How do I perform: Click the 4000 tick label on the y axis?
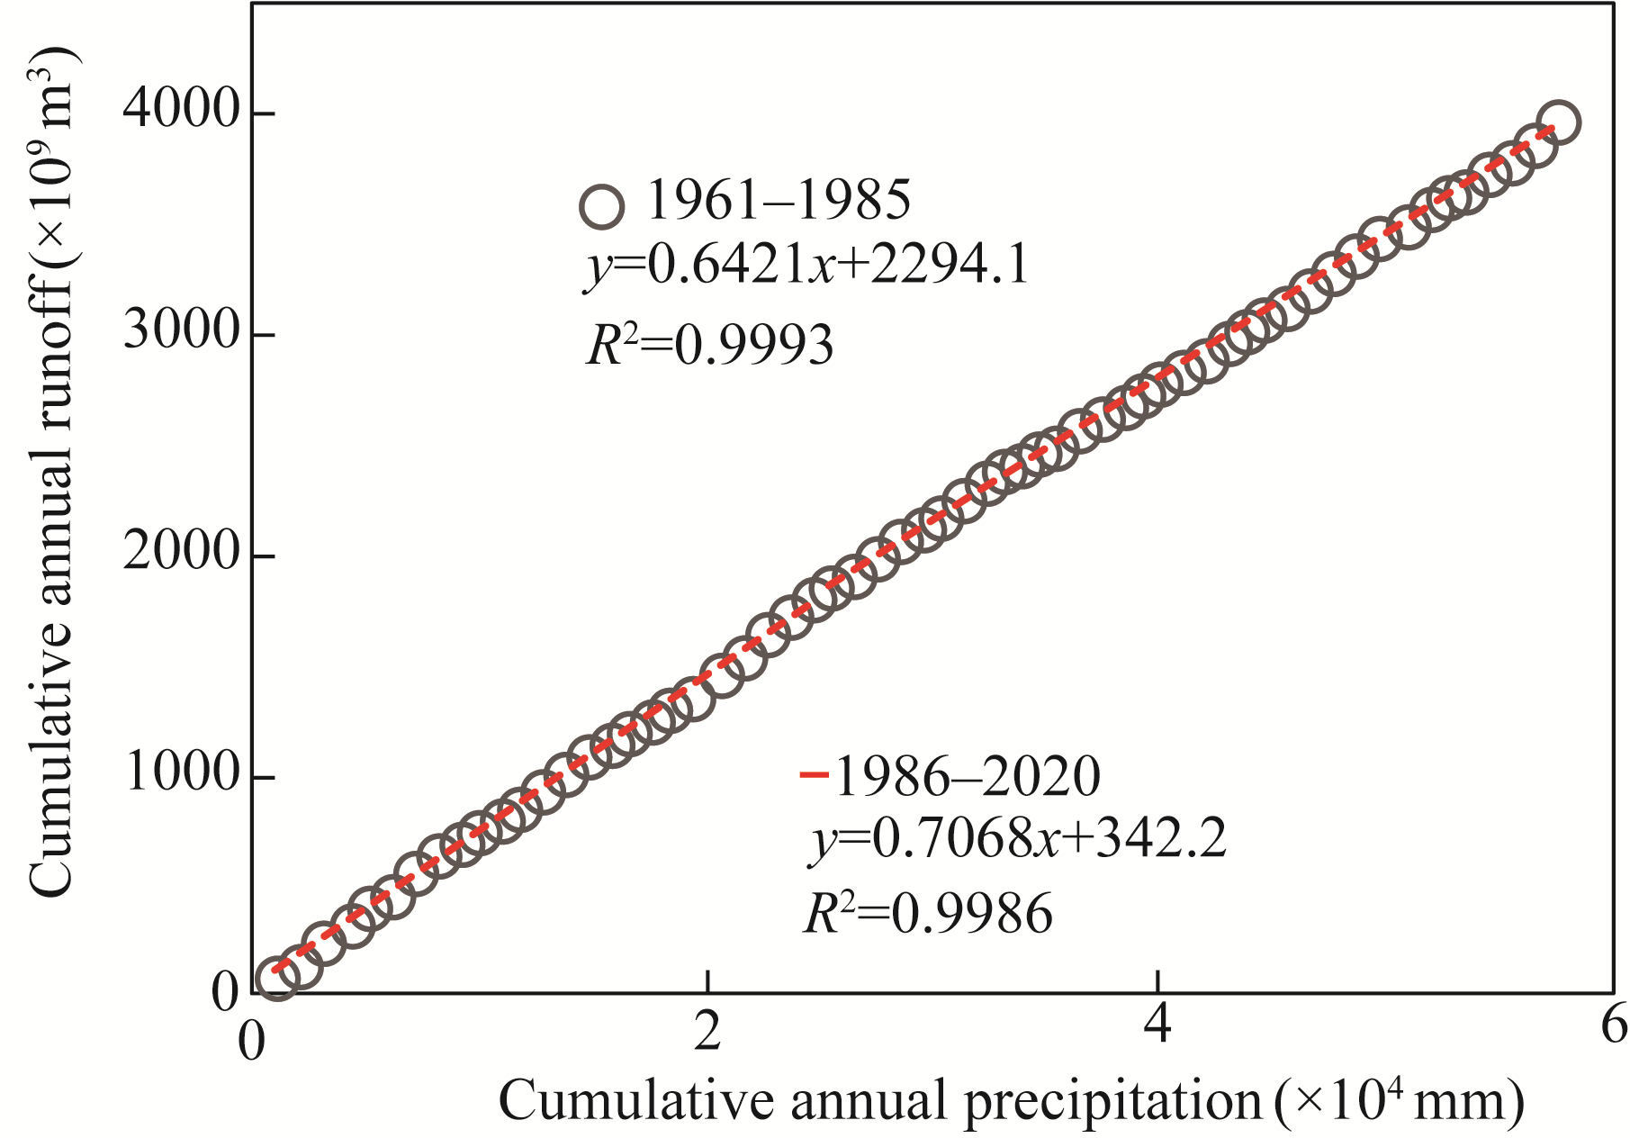point(180,112)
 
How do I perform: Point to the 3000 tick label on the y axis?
point(180,332)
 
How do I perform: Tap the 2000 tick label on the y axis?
point(180,552)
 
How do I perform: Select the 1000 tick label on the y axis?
point(180,773)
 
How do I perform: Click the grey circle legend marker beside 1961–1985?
point(601,206)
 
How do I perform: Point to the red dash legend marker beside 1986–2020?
point(814,774)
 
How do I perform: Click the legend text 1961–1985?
point(779,200)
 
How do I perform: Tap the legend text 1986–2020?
point(968,776)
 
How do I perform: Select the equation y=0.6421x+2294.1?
point(807,266)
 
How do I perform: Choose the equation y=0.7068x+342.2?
point(1017,840)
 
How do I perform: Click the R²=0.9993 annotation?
point(710,345)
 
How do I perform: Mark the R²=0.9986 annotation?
point(927,914)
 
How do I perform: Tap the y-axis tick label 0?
point(225,994)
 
